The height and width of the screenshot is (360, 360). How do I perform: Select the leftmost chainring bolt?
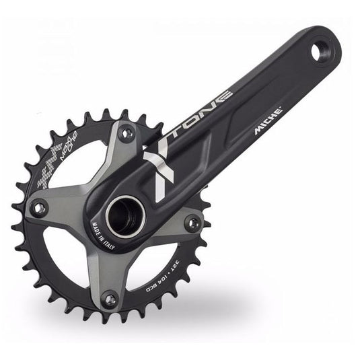click(40, 209)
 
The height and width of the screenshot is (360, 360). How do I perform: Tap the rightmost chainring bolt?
click(193, 221)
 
